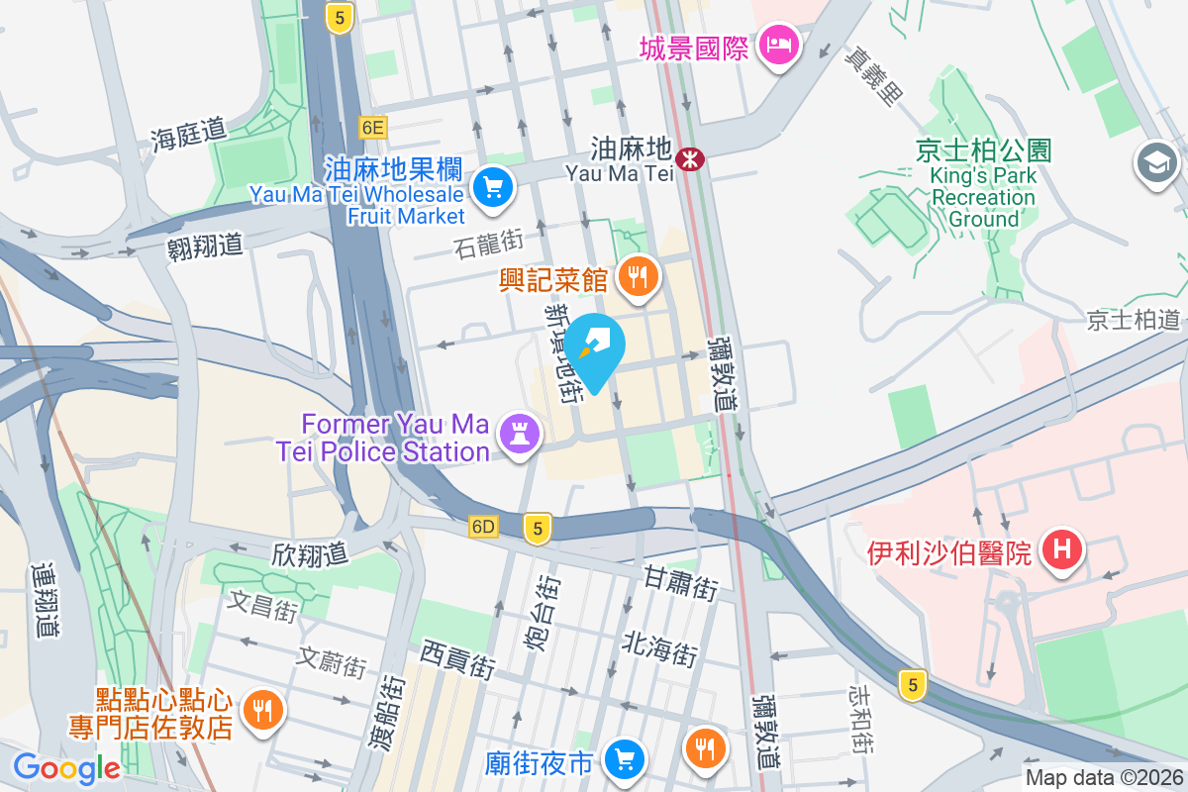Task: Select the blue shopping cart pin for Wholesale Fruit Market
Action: coord(492,187)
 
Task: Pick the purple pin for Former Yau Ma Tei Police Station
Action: coord(519,434)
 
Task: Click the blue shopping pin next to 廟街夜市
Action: coord(624,759)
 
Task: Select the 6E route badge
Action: coord(373,127)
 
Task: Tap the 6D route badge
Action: coord(483,527)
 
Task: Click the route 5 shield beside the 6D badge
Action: coord(537,529)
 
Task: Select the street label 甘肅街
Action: coord(680,581)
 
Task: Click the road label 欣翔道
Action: coord(309,553)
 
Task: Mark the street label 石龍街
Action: coord(488,242)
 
